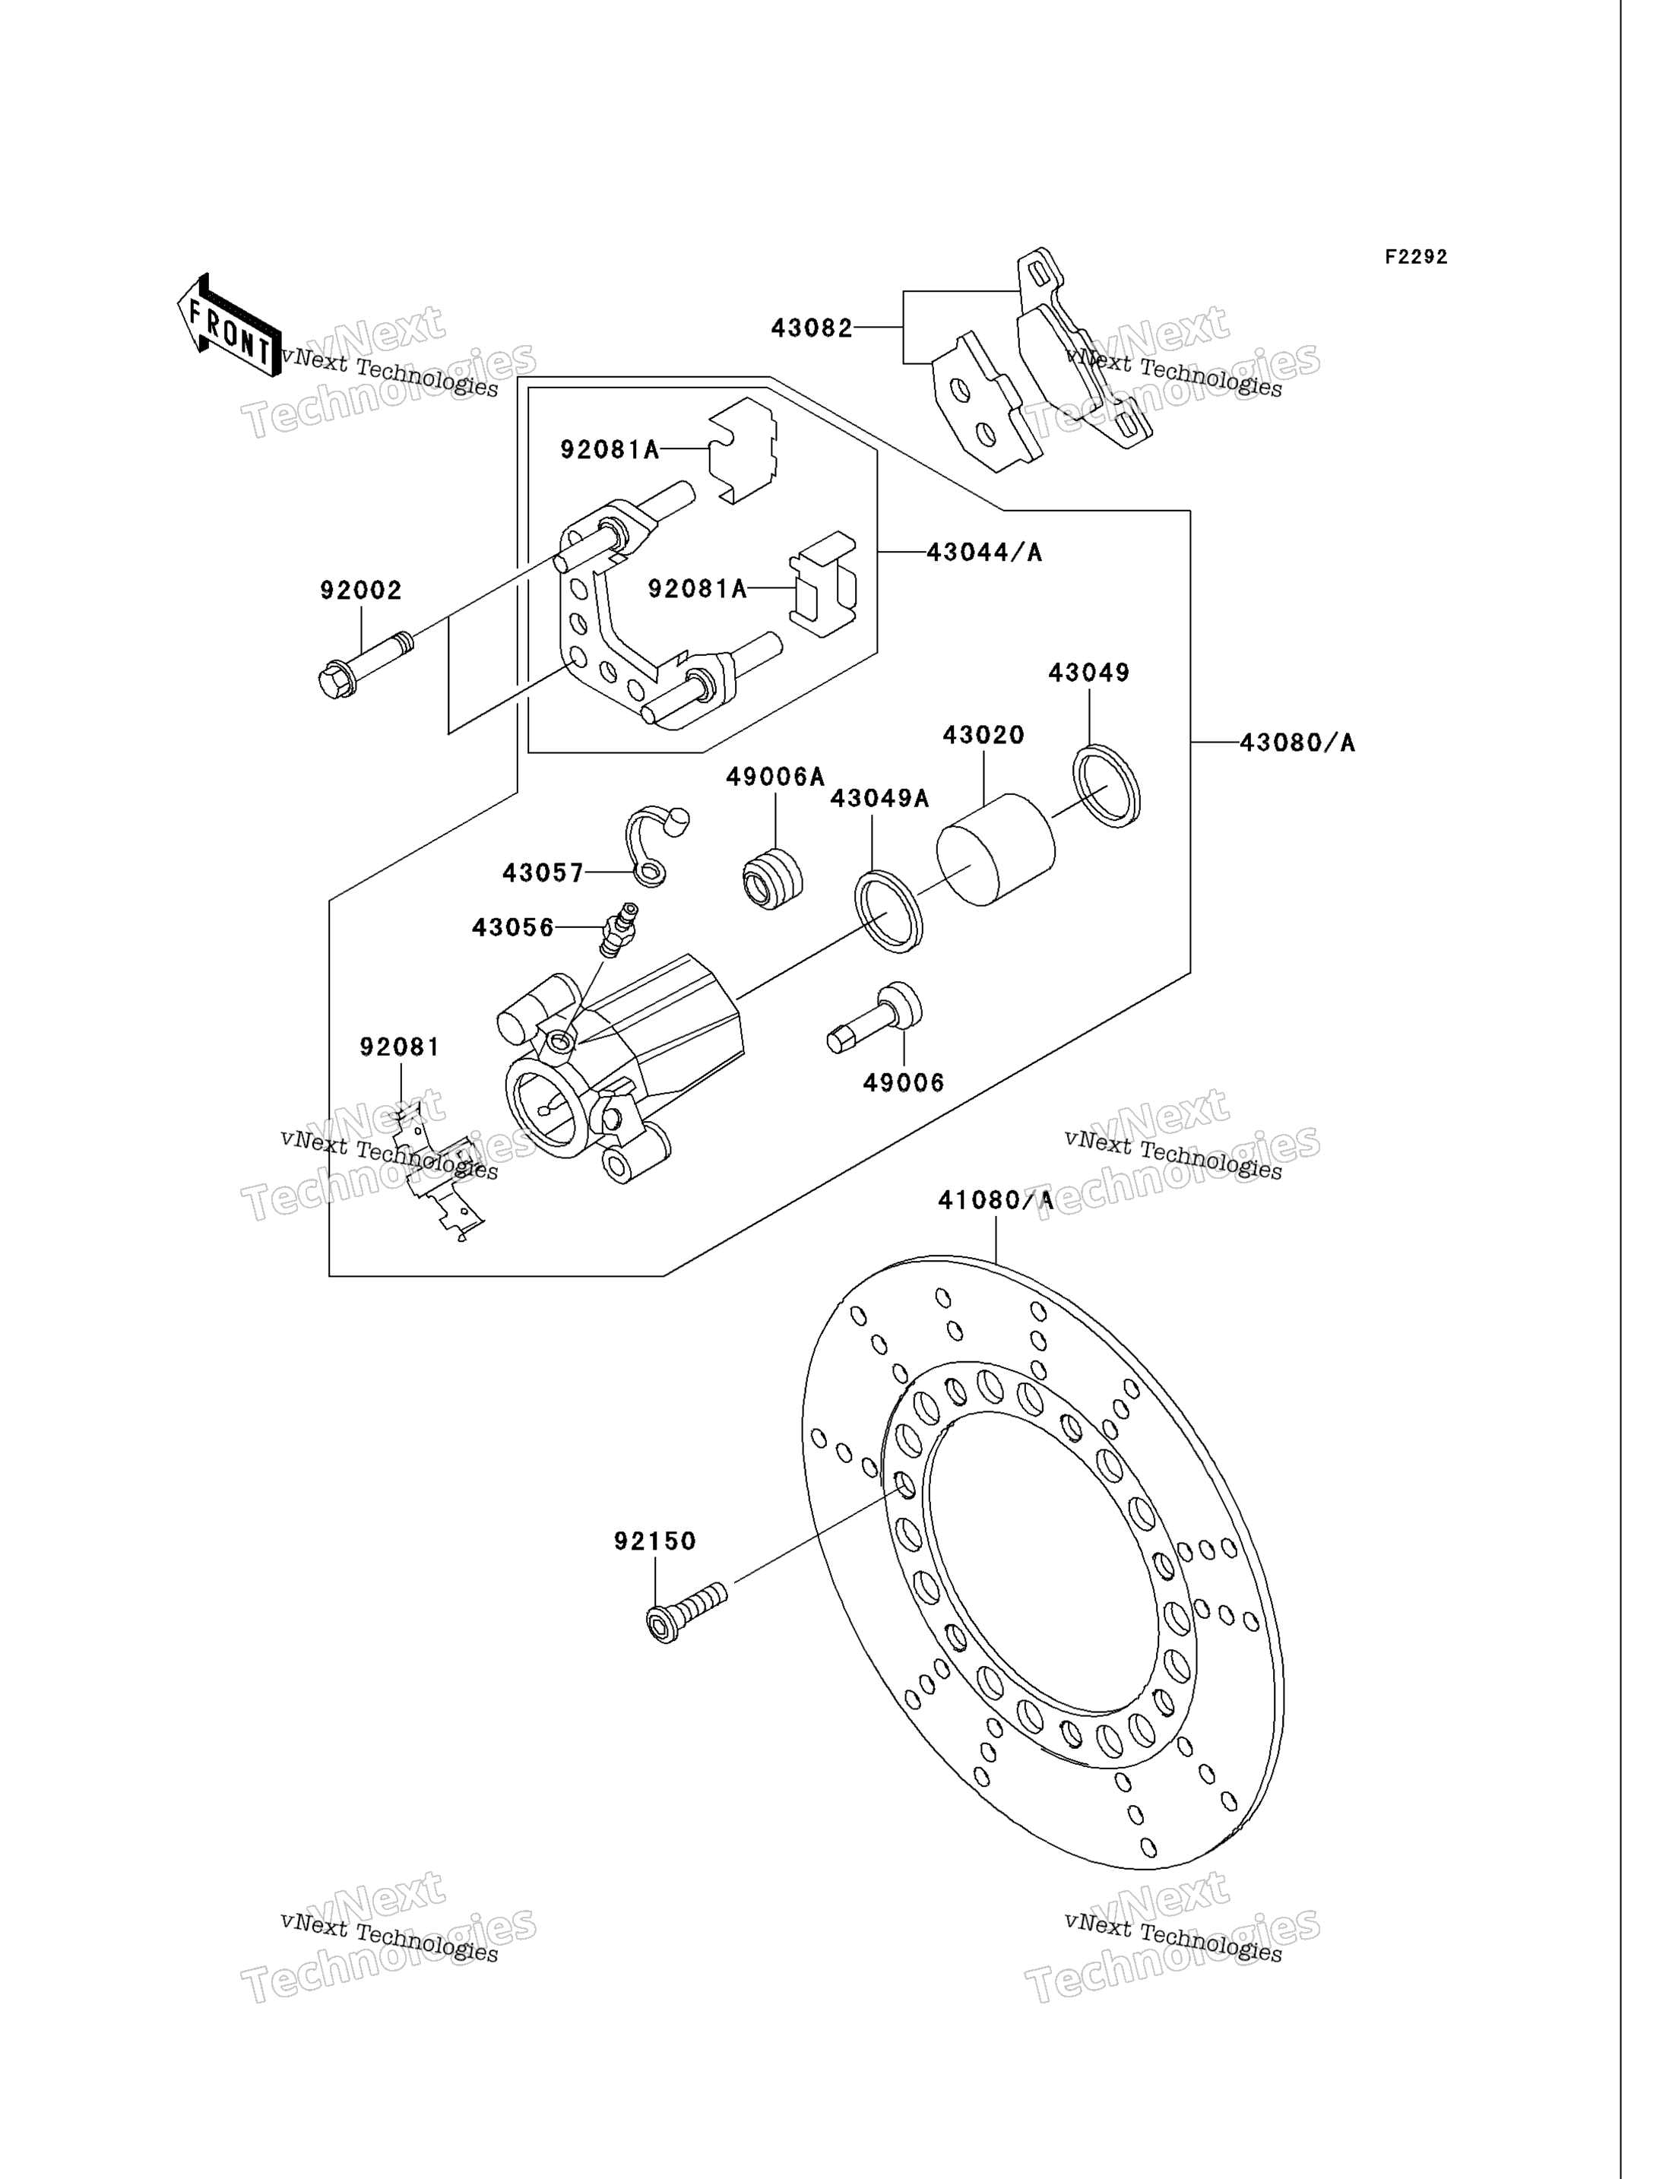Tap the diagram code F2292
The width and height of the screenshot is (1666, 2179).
(1416, 257)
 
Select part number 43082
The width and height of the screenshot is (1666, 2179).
(812, 328)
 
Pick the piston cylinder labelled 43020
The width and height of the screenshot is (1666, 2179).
(996, 849)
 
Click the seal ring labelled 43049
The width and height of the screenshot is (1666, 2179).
(1107, 786)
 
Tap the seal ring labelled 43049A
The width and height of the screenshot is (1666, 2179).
(888, 911)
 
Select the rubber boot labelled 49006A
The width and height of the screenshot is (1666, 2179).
(772, 878)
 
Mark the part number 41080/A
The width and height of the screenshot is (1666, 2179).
(996, 1201)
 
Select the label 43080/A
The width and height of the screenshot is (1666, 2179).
(1297, 743)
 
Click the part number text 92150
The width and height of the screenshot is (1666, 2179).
(654, 1541)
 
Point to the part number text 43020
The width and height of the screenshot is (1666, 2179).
(983, 735)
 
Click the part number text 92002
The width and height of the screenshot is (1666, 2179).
(361, 591)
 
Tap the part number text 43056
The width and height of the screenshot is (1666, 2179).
(513, 928)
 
